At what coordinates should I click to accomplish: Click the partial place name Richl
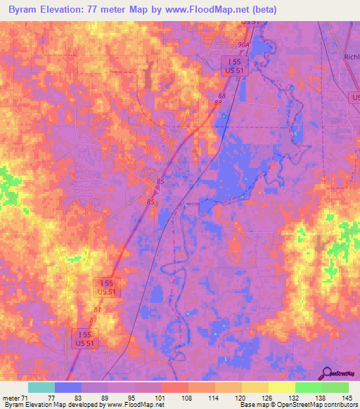352,58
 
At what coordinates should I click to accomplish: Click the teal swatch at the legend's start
41,387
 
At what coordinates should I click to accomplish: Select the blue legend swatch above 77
67,387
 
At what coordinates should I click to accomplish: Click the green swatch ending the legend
335,387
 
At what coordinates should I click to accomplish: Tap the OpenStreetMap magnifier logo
326,374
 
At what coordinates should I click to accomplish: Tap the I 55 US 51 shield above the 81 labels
108,286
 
